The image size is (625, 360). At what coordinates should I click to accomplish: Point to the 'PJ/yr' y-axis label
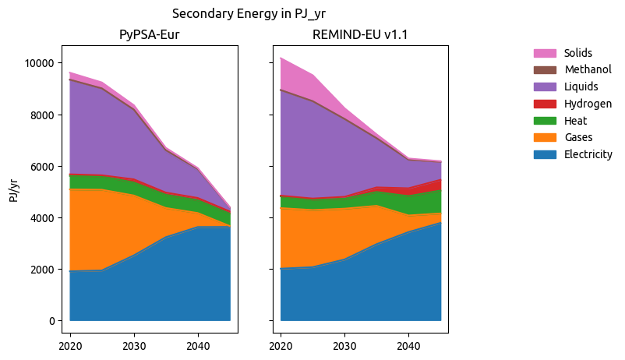14,189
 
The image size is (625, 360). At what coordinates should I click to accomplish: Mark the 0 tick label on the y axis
51,321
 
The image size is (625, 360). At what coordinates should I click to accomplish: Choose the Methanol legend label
587,70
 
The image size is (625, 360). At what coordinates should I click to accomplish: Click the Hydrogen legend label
587,104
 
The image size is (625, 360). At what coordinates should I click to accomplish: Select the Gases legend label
578,138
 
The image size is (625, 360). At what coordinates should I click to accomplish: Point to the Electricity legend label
588,154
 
